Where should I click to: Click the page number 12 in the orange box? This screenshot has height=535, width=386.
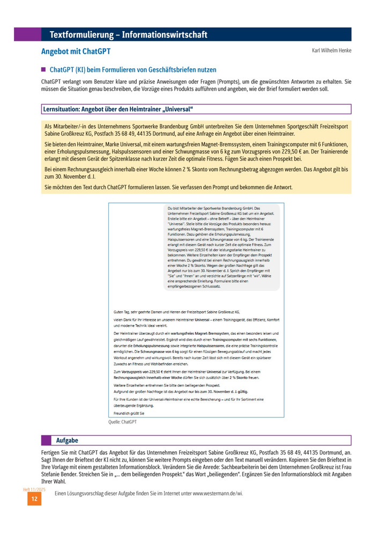coord(34,499)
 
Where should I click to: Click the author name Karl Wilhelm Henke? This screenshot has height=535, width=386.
coord(331,51)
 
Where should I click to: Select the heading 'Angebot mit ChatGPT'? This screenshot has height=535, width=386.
coord(76,53)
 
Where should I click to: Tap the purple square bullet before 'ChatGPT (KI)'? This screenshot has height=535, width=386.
coord(44,70)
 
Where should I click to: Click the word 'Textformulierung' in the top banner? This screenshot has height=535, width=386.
coord(80,35)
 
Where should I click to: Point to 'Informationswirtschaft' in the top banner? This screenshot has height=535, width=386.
coord(165,35)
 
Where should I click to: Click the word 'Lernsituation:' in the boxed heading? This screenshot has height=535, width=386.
coord(61,109)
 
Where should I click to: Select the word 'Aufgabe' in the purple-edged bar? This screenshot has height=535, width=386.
coord(67,441)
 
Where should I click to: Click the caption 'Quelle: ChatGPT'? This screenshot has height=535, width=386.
coord(122,422)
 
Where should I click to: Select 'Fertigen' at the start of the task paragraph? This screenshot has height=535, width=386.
coord(51,452)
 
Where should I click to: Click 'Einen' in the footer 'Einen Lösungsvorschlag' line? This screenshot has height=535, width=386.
coord(55,494)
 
